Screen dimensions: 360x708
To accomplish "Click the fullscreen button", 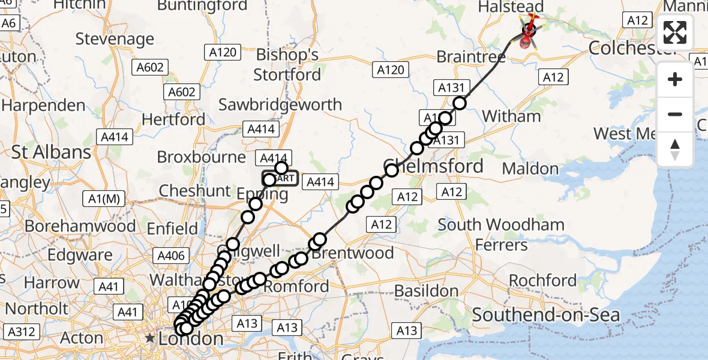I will click(x=675, y=32).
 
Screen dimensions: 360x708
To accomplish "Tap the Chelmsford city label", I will click(x=433, y=166).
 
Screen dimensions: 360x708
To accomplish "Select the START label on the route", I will click(x=281, y=178).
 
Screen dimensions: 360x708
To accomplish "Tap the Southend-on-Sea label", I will click(x=546, y=314).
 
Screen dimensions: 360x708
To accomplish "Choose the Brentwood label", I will click(x=352, y=253).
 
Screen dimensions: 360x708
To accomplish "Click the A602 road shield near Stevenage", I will click(x=149, y=67).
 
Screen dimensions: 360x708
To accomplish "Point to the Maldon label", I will click(x=530, y=169).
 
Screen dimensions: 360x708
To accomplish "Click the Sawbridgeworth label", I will click(x=280, y=104).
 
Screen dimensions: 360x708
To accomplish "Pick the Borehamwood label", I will click(x=80, y=226).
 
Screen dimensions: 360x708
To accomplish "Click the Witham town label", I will click(x=511, y=116).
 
